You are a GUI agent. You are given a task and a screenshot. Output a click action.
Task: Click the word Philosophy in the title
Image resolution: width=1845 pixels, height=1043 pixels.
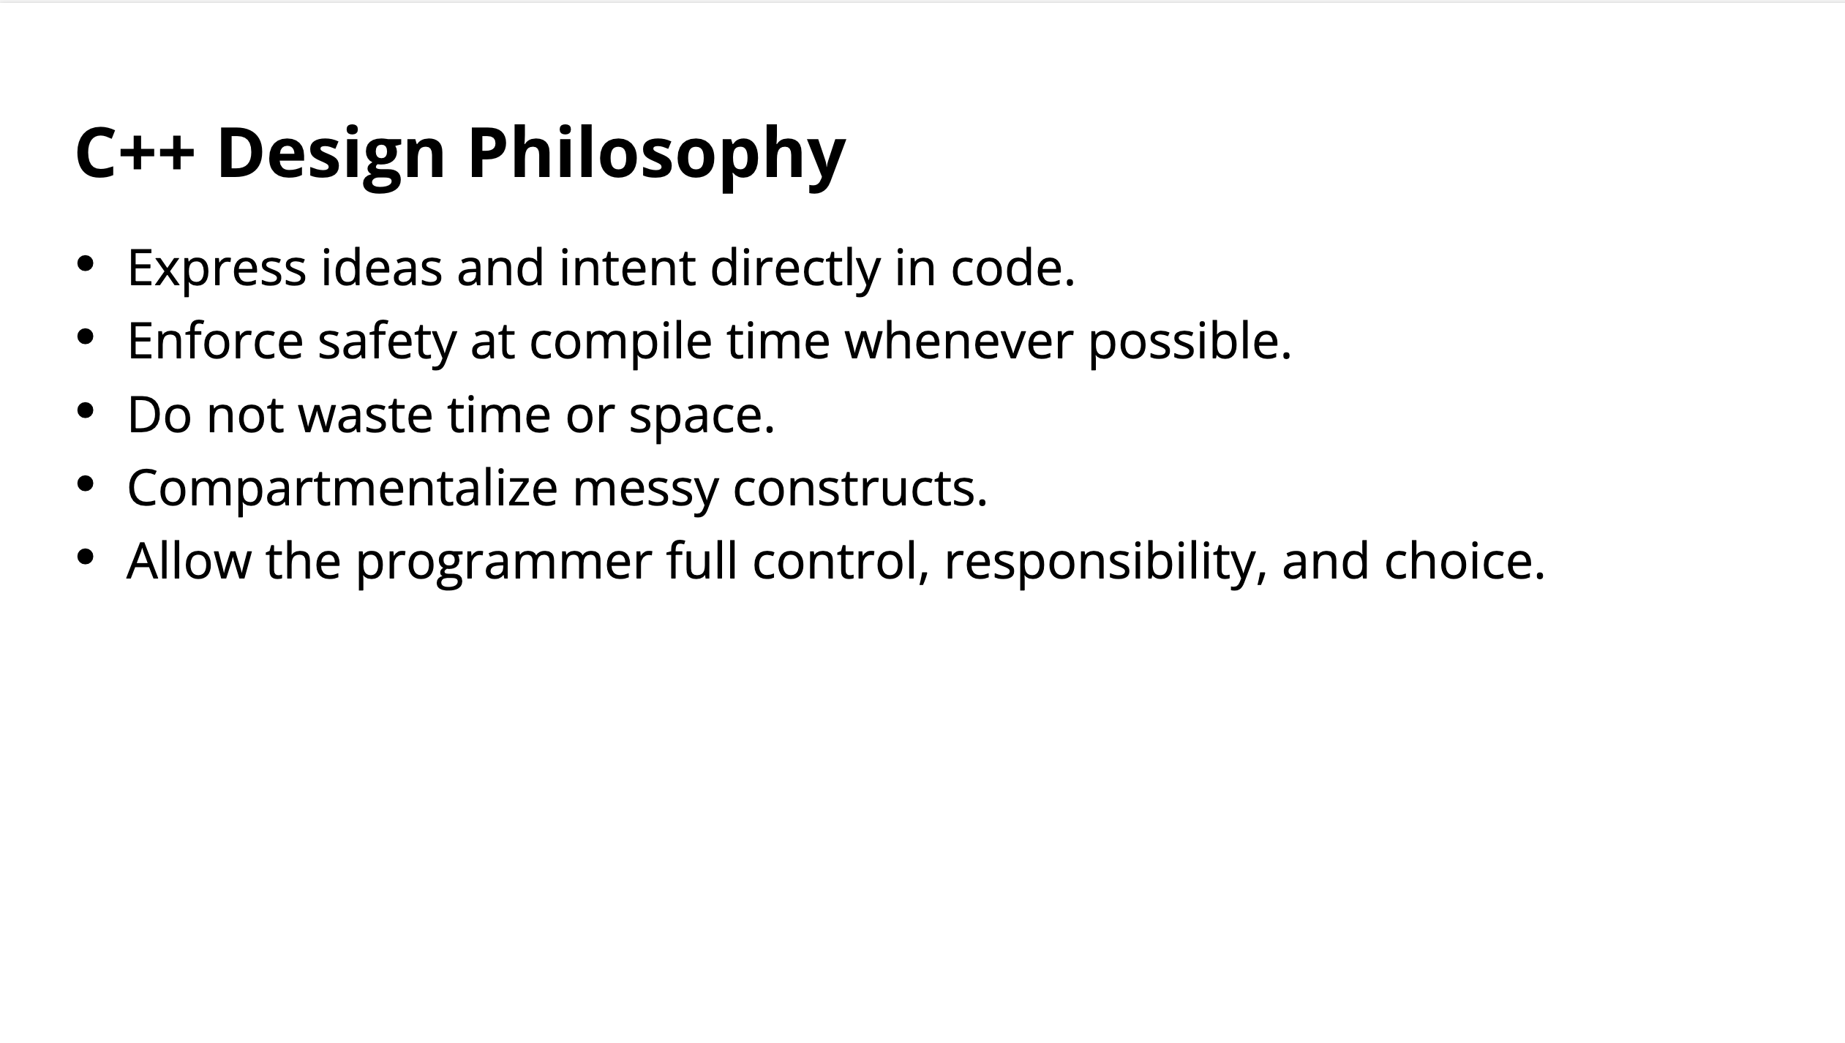coord(656,154)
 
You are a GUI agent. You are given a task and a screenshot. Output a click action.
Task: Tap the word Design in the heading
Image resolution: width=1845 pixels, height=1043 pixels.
coord(331,154)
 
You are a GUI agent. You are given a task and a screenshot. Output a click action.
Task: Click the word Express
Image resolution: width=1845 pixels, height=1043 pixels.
coord(217,269)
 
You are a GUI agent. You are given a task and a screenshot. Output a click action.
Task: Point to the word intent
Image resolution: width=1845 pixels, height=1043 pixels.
coord(627,268)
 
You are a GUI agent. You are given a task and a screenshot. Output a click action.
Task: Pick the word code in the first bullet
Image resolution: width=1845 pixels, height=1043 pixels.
coord(1006,268)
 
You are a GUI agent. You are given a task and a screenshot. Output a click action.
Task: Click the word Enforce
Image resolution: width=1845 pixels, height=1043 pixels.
coord(215,341)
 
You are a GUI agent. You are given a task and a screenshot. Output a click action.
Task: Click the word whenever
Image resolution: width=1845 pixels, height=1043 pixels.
coord(959,341)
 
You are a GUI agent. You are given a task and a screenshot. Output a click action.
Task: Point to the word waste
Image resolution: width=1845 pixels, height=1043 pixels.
coord(366,415)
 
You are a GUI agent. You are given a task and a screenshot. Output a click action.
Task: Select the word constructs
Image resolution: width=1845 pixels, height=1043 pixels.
coord(854,489)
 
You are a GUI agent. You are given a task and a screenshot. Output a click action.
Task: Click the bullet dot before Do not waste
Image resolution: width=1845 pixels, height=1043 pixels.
coord(86,410)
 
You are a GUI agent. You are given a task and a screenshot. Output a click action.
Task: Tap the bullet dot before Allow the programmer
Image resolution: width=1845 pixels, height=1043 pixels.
coord(86,557)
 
